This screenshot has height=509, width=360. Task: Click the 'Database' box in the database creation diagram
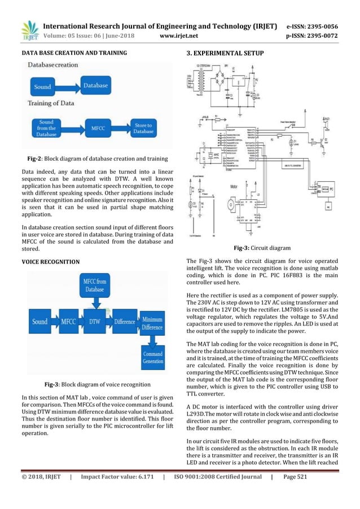94,86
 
